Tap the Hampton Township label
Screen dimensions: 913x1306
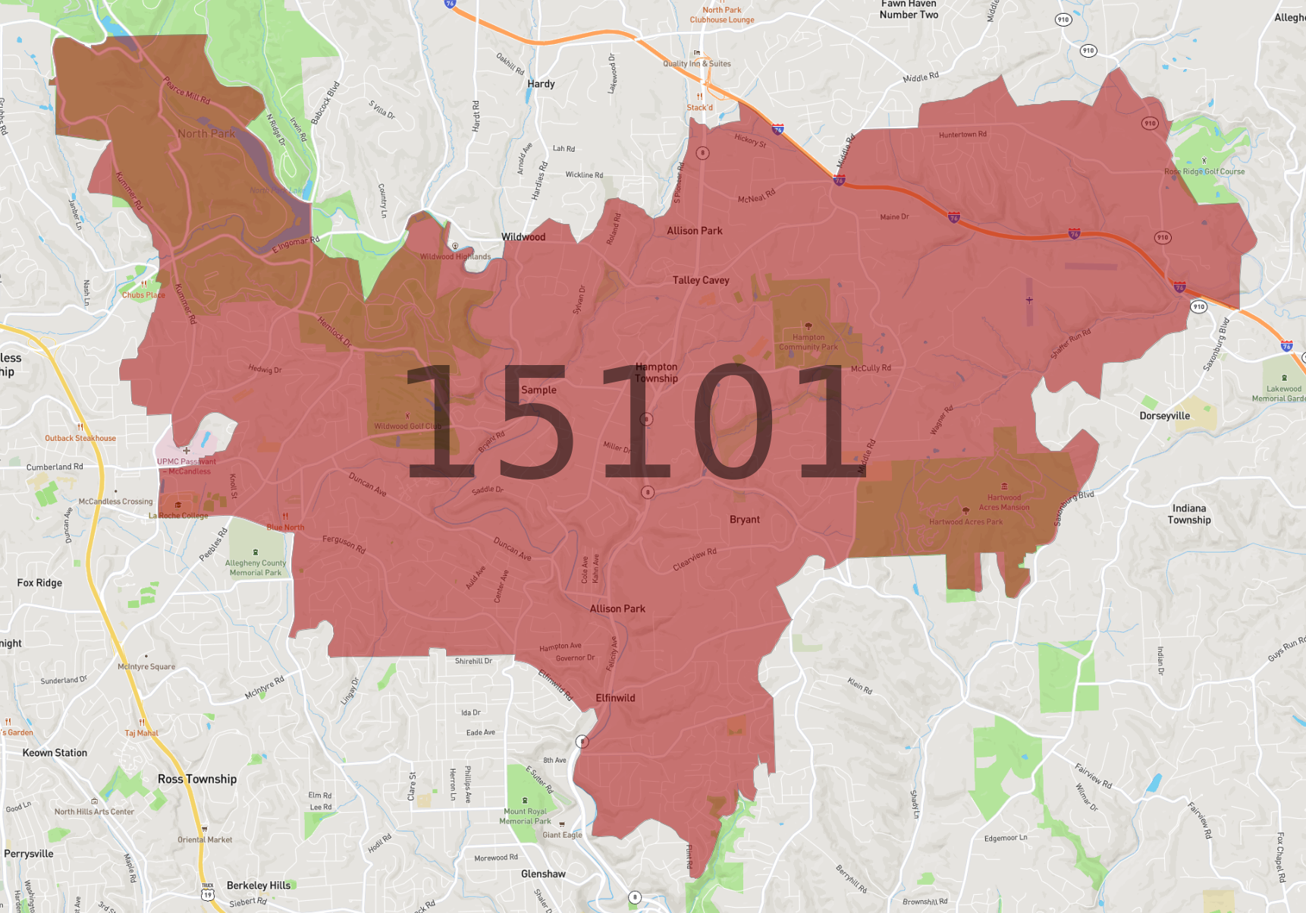[656, 373]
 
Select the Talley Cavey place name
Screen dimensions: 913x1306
[701, 280]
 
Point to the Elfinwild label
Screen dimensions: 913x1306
[615, 698]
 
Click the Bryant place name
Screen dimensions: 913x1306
[744, 520]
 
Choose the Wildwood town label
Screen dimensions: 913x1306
[523, 237]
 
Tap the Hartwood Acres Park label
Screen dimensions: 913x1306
[965, 522]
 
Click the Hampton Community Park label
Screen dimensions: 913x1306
[808, 342]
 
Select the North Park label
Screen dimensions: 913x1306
[206, 134]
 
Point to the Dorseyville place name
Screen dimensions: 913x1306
[1164, 416]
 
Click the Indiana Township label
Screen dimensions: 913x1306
[1188, 514]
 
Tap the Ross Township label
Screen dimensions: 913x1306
[197, 779]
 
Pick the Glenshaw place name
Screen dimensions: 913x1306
[543, 874]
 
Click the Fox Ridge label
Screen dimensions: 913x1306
[39, 583]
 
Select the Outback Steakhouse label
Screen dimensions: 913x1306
[80, 438]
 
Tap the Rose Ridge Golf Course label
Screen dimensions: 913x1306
[1204, 172]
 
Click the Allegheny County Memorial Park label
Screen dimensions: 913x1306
[256, 568]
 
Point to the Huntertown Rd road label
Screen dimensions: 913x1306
[962, 135]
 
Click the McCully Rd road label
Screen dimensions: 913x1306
[871, 368]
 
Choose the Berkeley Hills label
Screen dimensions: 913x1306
[259, 885]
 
